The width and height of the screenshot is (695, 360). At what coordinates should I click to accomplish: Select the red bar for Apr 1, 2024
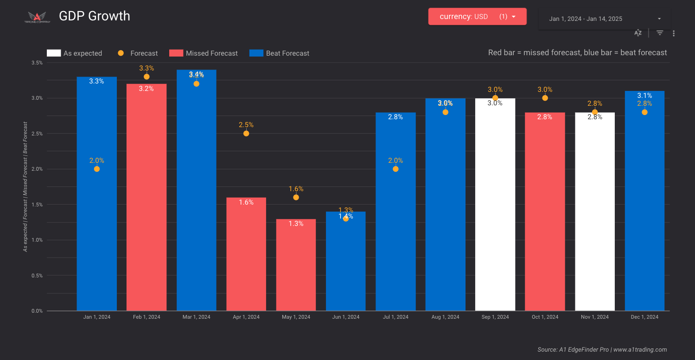pos(246,255)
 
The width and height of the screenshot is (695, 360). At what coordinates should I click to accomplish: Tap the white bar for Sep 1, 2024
pos(495,209)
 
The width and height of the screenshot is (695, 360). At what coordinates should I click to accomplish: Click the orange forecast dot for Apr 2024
pos(246,134)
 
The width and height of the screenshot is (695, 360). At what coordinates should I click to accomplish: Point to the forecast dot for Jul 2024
pos(395,169)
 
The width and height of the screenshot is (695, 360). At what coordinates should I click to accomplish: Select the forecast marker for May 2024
pos(296,198)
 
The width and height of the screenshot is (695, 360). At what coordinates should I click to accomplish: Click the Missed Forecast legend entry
pos(204,53)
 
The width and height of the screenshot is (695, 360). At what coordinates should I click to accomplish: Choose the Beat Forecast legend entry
pos(280,53)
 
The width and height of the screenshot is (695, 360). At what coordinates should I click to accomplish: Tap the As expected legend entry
pos(75,53)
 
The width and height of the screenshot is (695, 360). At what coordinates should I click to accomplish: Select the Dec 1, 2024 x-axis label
pos(644,317)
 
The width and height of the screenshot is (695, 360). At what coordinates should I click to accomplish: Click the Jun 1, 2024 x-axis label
pos(345,317)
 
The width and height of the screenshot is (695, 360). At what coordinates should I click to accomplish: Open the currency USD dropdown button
pos(477,17)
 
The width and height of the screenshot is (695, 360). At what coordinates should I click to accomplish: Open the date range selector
pos(605,19)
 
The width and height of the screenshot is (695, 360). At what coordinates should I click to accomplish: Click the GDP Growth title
pos(95,16)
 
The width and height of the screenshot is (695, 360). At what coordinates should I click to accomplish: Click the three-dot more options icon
pos(674,33)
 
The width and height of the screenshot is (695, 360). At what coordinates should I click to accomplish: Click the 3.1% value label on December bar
pos(644,96)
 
